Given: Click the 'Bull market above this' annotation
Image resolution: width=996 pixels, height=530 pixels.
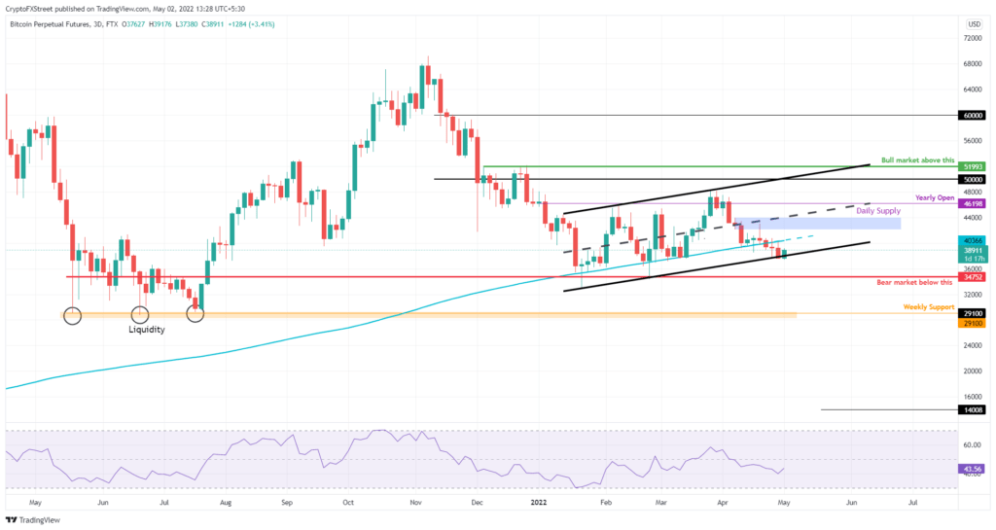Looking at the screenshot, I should [x=917, y=160].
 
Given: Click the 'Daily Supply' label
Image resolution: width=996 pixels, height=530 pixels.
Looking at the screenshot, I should [x=877, y=211].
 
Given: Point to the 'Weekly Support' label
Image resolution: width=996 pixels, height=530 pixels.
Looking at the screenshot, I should [x=928, y=307].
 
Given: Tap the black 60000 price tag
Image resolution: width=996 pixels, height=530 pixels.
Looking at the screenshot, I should [x=971, y=115].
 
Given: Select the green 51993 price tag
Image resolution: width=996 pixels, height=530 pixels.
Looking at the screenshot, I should [x=971, y=166].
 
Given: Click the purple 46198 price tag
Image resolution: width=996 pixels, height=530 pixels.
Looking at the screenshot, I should [x=971, y=205].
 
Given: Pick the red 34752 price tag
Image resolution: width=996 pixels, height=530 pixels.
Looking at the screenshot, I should [x=971, y=277].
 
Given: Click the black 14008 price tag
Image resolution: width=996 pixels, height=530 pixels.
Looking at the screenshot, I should [x=971, y=410].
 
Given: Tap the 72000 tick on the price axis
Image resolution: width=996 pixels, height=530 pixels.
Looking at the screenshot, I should [x=970, y=38].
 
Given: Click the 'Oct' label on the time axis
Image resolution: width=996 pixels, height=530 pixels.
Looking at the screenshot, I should [x=348, y=504].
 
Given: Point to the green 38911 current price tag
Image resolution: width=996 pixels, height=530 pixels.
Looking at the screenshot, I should [x=971, y=250].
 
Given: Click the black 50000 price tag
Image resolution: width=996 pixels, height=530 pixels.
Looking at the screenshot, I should [x=971, y=180].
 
